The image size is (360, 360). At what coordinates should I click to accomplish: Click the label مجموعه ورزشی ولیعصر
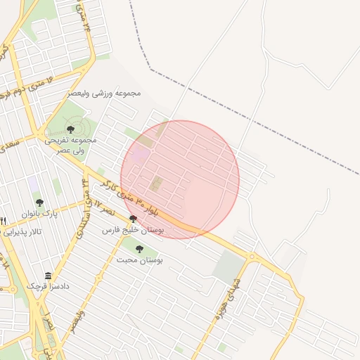[105, 93]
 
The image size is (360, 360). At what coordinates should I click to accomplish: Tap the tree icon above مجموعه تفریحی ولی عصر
[70, 129]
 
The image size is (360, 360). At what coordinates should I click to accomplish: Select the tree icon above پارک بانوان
[39, 202]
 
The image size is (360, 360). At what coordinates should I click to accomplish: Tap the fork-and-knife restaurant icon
[3, 221]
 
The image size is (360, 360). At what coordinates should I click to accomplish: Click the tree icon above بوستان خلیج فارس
[133, 219]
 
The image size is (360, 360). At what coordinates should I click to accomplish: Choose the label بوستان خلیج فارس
[133, 230]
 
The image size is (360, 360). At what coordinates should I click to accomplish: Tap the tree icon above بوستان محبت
[139, 248]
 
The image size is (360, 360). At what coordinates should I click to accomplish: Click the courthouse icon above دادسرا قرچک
[48, 276]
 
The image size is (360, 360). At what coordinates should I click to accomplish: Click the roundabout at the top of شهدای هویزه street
[252, 257]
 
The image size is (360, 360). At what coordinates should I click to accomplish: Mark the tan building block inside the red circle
[156, 184]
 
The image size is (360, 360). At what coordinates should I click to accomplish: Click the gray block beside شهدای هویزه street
[229, 267]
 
